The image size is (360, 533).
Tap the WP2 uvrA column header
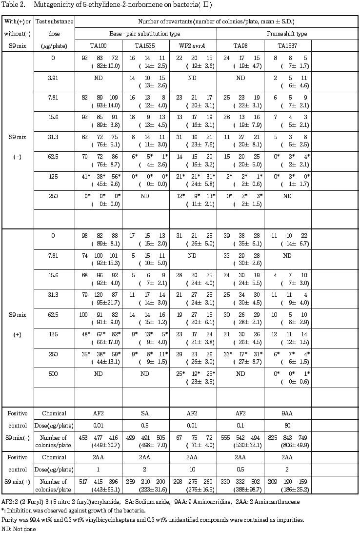pos(192,46)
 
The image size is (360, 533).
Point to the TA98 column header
pos(240,46)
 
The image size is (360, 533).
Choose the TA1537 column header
pos(286,46)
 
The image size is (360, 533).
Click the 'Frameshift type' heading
pos(287,34)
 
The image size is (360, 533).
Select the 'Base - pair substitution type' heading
pos(146,34)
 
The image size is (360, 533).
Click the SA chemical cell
pos(145,412)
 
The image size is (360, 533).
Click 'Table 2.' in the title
pos(12,4)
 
